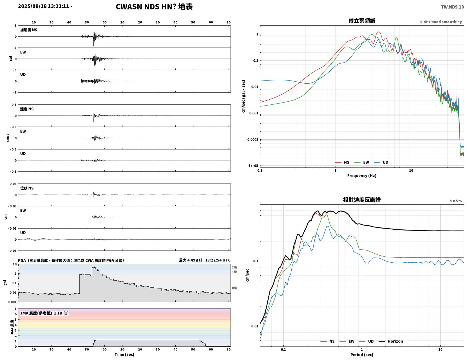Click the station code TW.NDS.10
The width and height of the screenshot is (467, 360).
click(452, 7)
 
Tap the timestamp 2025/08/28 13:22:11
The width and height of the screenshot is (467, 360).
click(43, 6)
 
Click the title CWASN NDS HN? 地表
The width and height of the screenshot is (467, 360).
click(154, 7)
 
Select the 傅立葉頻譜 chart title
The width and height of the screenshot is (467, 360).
click(362, 21)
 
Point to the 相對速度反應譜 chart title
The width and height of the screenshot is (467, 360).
click(362, 200)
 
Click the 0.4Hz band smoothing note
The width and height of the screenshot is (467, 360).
click(441, 22)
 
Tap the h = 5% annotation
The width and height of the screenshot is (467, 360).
click(456, 201)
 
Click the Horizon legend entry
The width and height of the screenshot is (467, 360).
click(391, 341)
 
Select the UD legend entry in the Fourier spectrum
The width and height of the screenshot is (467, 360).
click(381, 162)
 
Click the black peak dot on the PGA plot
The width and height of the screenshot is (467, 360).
click(94, 267)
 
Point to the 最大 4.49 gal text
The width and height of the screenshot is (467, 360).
click(190, 260)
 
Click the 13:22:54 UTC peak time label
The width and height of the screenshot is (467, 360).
click(218, 260)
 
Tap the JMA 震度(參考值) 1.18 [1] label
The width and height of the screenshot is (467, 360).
click(44, 313)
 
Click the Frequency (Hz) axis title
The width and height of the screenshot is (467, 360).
click(362, 176)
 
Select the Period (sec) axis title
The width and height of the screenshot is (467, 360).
click(362, 355)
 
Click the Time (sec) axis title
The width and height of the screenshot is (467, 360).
click(124, 354)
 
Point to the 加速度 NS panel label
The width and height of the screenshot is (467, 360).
click(29, 30)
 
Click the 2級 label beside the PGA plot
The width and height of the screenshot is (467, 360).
click(234, 267)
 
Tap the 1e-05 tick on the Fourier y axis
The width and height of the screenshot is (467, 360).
click(253, 166)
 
